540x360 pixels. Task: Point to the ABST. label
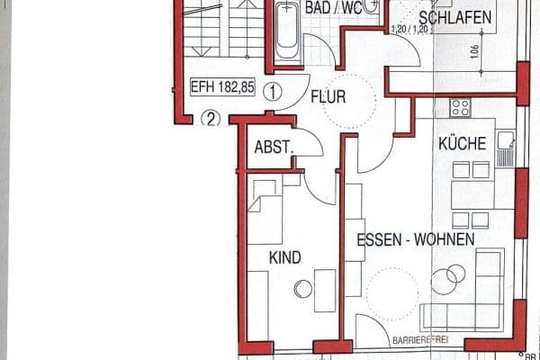(x=274, y=147)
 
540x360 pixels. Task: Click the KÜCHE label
(x=462, y=143)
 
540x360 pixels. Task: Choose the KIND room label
(x=284, y=257)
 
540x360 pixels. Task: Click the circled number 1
(x=274, y=90)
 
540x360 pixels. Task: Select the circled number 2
(x=210, y=116)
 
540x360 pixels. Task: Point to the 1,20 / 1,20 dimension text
(x=409, y=29)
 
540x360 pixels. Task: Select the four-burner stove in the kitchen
(x=461, y=108)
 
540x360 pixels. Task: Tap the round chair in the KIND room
(x=302, y=289)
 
